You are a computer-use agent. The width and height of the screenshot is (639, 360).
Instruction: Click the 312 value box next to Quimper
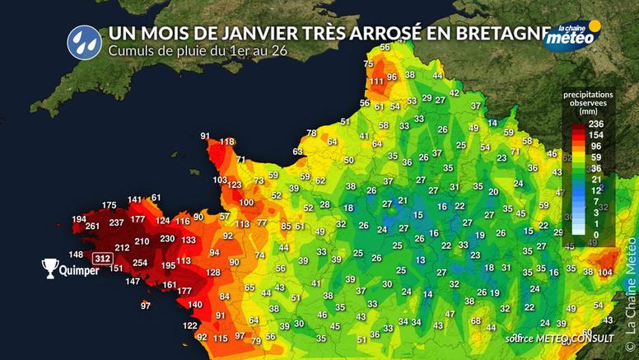pyautogui.click(x=102, y=258)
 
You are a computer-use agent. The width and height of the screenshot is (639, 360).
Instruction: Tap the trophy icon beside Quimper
pyautogui.click(x=50, y=268)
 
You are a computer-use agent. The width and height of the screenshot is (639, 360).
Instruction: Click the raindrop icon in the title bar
pyautogui.click(x=81, y=39)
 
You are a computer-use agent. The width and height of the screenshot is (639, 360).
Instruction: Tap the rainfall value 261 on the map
pyautogui.click(x=92, y=227)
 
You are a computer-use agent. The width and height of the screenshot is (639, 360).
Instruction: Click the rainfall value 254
pyautogui.click(x=140, y=263)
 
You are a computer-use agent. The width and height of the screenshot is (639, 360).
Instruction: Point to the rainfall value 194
pyautogui.click(x=79, y=218)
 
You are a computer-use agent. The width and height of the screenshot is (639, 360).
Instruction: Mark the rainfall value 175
pyautogui.click(x=109, y=205)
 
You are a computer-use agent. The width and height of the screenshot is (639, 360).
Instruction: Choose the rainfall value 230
pyautogui.click(x=167, y=239)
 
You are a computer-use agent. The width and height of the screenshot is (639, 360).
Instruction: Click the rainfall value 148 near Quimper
pyautogui.click(x=76, y=254)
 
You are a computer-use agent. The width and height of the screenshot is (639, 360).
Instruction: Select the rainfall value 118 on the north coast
pyautogui.click(x=225, y=143)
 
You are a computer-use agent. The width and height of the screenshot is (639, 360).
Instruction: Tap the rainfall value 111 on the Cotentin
pyautogui.click(x=377, y=81)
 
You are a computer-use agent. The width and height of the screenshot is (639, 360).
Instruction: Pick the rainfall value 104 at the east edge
pyautogui.click(x=605, y=272)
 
